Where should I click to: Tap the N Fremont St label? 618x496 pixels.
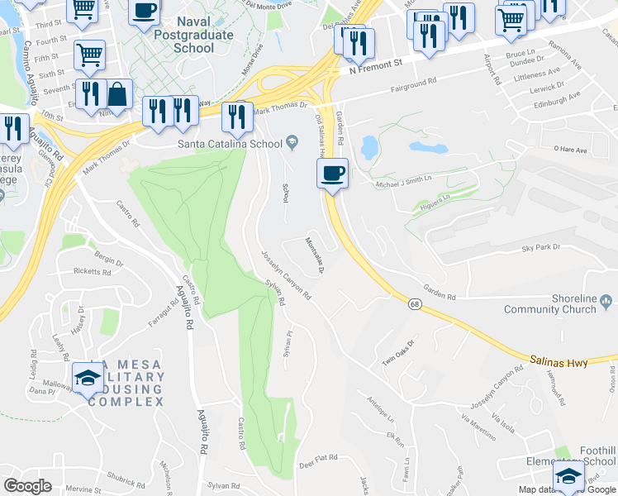[375, 64]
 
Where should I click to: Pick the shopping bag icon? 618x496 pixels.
[118, 95]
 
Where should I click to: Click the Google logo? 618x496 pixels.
[27, 485]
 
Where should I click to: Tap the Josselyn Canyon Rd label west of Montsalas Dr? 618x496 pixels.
[286, 275]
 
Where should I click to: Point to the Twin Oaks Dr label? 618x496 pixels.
[397, 353]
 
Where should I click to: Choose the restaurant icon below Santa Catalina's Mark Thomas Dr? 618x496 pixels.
[239, 117]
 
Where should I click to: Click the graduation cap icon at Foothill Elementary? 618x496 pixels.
[568, 476]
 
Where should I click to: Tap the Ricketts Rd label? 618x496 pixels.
[92, 271]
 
